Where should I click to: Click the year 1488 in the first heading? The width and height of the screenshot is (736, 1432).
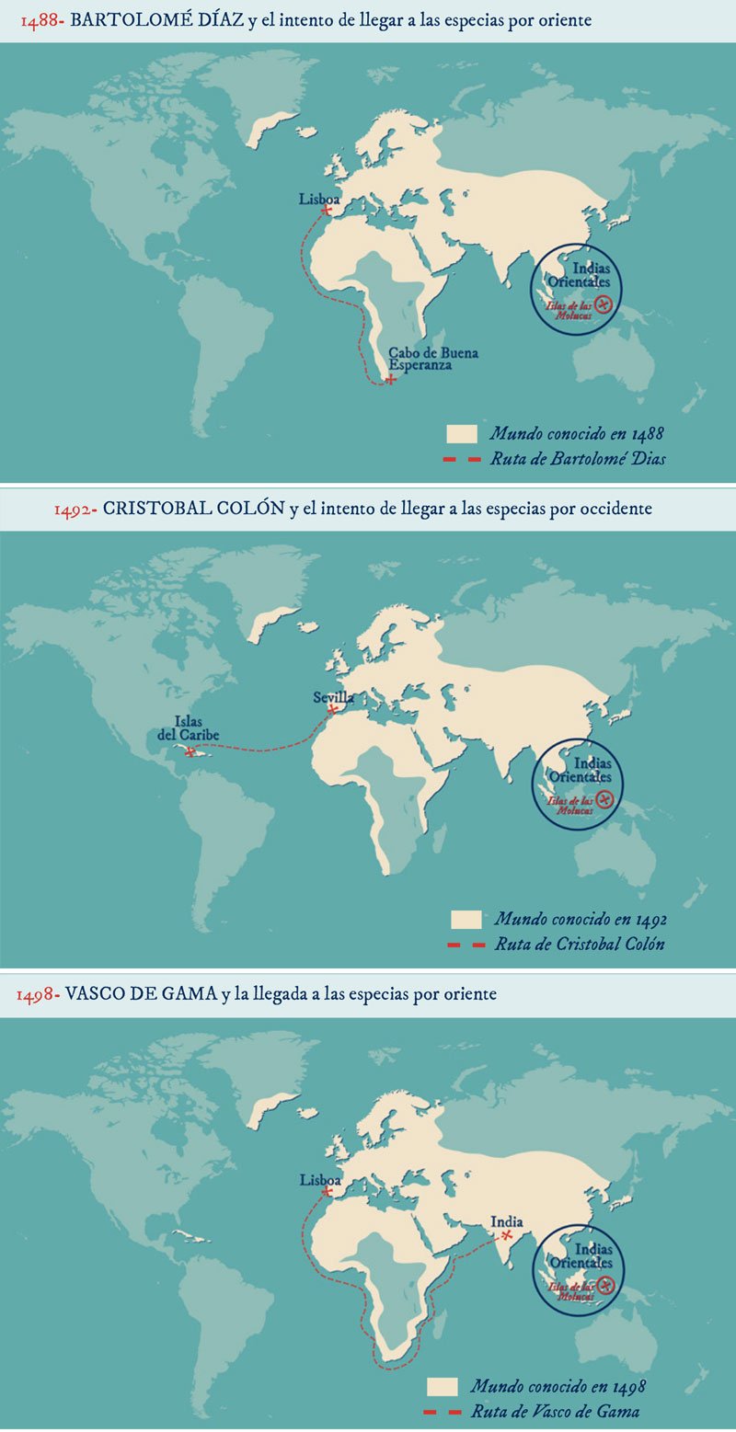[40, 21]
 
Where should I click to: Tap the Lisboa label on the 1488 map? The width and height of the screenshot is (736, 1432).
[319, 199]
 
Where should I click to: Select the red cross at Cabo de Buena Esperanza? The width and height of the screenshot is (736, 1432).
[392, 379]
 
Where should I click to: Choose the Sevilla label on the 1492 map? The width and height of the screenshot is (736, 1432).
[333, 698]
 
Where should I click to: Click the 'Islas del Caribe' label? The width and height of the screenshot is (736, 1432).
[195, 727]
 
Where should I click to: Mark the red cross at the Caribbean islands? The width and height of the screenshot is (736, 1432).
[191, 752]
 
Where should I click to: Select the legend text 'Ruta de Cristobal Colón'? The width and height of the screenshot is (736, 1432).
[579, 944]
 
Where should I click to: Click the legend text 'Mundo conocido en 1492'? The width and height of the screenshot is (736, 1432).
[581, 919]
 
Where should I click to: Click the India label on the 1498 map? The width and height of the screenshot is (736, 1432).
[507, 1222]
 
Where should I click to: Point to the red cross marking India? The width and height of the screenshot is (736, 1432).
[506, 1235]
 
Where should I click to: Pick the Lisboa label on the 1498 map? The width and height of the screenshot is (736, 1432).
[320, 1181]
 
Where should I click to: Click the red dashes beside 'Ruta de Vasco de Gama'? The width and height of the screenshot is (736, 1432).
[443, 1411]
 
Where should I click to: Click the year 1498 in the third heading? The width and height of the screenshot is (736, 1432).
[39, 995]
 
